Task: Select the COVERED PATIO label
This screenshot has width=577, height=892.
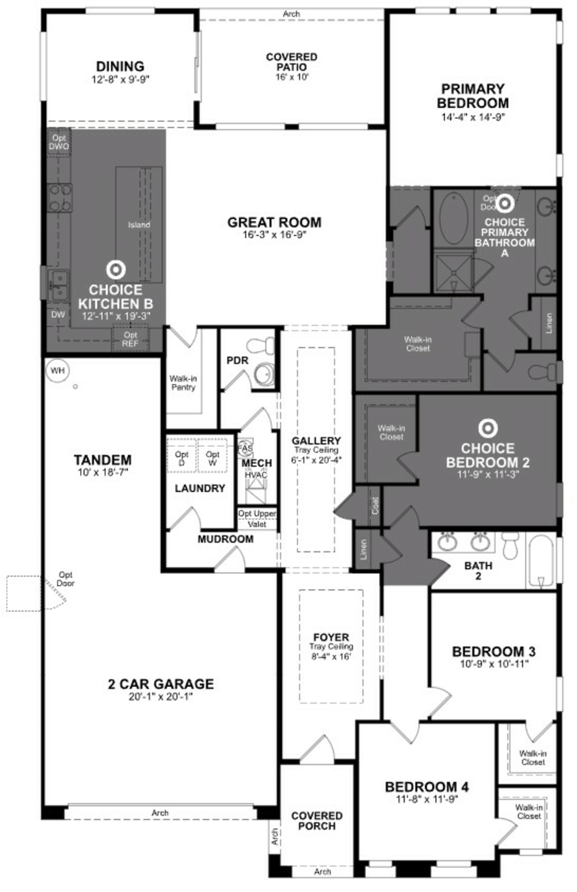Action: tap(292, 62)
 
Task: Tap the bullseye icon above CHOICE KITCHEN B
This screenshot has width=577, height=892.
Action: tap(116, 270)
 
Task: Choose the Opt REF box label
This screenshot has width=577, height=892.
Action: tap(130, 339)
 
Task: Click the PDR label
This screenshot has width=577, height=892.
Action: tap(238, 361)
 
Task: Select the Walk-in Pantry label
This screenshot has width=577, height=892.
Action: tap(183, 383)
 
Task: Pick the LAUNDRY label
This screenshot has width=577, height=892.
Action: tap(200, 488)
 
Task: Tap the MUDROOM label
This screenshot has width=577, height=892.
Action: tap(226, 539)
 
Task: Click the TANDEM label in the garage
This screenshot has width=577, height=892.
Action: tap(103, 460)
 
